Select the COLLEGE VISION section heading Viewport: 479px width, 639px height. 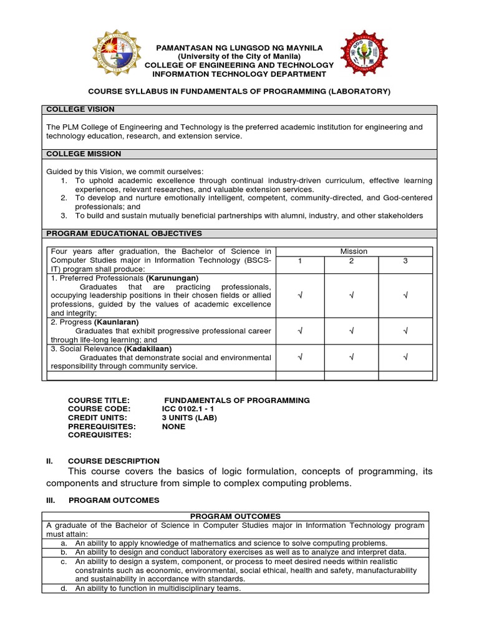click(80, 109)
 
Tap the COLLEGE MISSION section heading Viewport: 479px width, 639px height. click(84, 154)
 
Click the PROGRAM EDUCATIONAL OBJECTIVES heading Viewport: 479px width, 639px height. click(124, 233)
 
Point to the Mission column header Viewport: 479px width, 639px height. click(354, 251)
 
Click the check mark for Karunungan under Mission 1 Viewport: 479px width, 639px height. click(300, 295)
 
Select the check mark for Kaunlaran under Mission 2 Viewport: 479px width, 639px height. click(352, 331)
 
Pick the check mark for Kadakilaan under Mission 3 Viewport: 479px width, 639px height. click(405, 357)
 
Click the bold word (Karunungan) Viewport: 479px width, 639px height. click(172, 278)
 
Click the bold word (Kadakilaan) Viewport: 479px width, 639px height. click(148, 349)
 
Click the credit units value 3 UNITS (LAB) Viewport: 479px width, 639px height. click(189, 417)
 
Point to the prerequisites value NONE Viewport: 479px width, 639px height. click(173, 426)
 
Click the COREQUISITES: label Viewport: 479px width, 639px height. click(99, 435)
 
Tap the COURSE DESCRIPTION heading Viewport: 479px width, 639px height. click(114, 461)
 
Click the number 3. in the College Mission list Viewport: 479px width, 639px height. click(64, 215)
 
